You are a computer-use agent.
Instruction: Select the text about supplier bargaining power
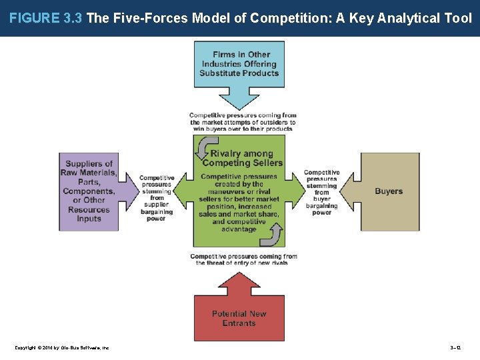pos(157,198)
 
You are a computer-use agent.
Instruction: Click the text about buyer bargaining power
pos(322,193)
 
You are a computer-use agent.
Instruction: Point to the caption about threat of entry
pos(243,259)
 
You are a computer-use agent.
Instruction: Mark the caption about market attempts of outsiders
pos(243,123)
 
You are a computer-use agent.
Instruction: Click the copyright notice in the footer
pos(61,347)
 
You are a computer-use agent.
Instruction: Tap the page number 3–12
pos(455,347)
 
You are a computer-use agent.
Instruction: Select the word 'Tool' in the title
pos(458,19)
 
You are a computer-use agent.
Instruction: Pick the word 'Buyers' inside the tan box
pos(389,191)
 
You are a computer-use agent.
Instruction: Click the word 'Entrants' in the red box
pos(239,323)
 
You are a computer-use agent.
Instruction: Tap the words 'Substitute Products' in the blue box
pos(239,73)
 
